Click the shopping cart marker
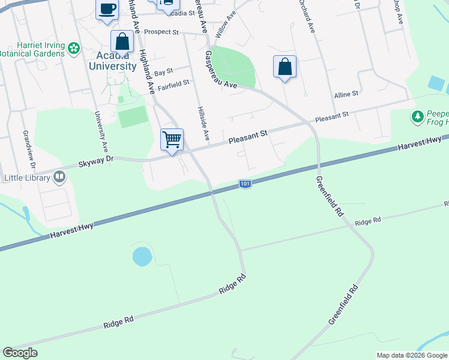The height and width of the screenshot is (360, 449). (x=172, y=139)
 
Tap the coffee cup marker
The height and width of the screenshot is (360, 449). (x=107, y=9)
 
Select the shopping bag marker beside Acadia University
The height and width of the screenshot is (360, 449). (x=122, y=43)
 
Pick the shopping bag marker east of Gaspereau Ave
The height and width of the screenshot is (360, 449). (x=285, y=67)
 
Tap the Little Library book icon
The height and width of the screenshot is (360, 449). (x=59, y=176)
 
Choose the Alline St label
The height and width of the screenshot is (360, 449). (x=346, y=94)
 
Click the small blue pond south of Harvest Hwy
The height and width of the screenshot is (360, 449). (x=142, y=256)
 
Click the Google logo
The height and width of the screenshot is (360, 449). (x=20, y=353)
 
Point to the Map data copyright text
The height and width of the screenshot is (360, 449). (x=412, y=355)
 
